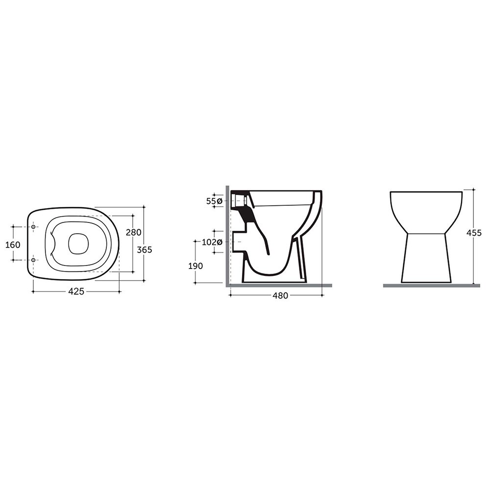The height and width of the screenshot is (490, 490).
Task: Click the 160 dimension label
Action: (x=13, y=245)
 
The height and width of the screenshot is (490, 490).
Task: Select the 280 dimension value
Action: (x=133, y=232)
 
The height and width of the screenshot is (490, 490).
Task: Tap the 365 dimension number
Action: (x=145, y=250)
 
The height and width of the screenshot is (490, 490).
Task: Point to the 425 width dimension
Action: (x=76, y=291)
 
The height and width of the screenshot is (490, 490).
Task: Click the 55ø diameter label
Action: (x=214, y=201)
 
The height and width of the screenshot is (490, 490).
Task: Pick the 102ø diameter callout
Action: (x=212, y=242)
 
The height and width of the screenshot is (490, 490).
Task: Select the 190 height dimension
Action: (x=196, y=266)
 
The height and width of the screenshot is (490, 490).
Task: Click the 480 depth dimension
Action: (x=280, y=295)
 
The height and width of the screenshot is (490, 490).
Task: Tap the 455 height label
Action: (x=474, y=233)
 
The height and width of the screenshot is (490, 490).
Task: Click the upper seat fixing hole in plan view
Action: (x=33, y=226)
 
